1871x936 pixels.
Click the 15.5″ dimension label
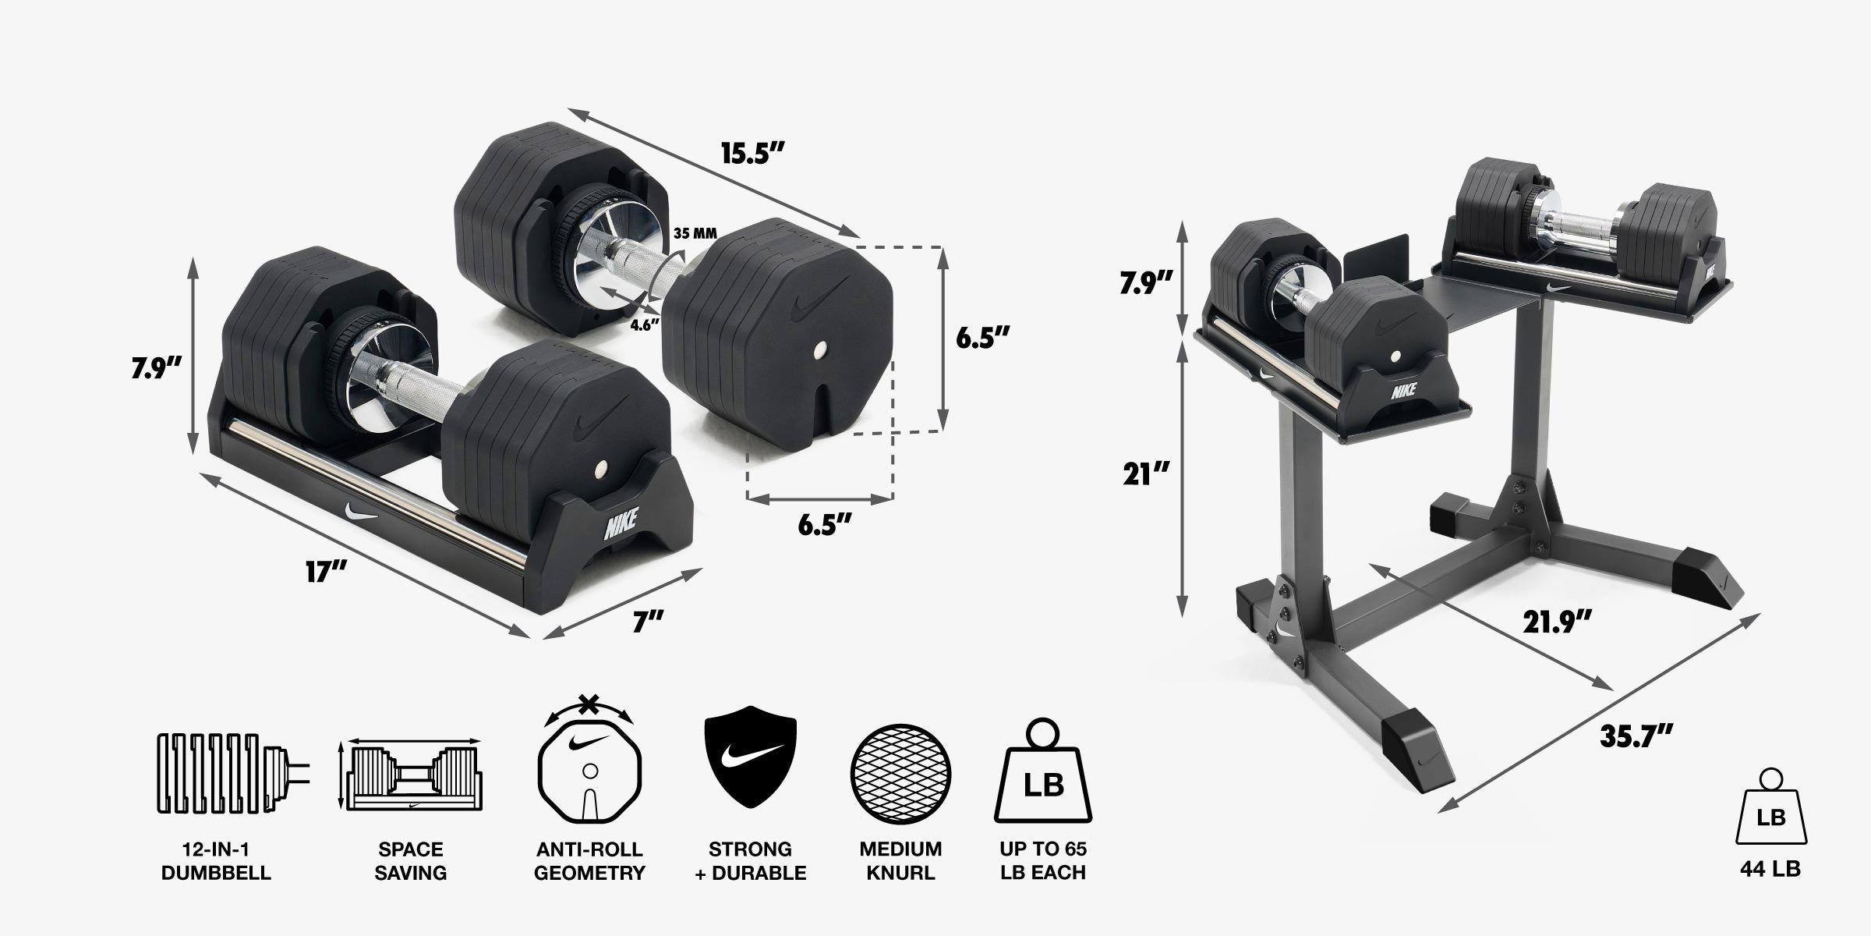pos(751,154)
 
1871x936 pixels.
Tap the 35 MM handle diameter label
pos(695,233)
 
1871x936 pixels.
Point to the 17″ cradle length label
pos(325,572)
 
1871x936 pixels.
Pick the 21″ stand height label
pos(1146,473)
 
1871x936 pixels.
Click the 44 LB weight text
pos(1770,869)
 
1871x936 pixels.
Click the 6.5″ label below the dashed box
pos(824,524)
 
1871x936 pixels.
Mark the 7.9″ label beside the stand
pos(1146,282)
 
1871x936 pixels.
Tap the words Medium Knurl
pos(900,860)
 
